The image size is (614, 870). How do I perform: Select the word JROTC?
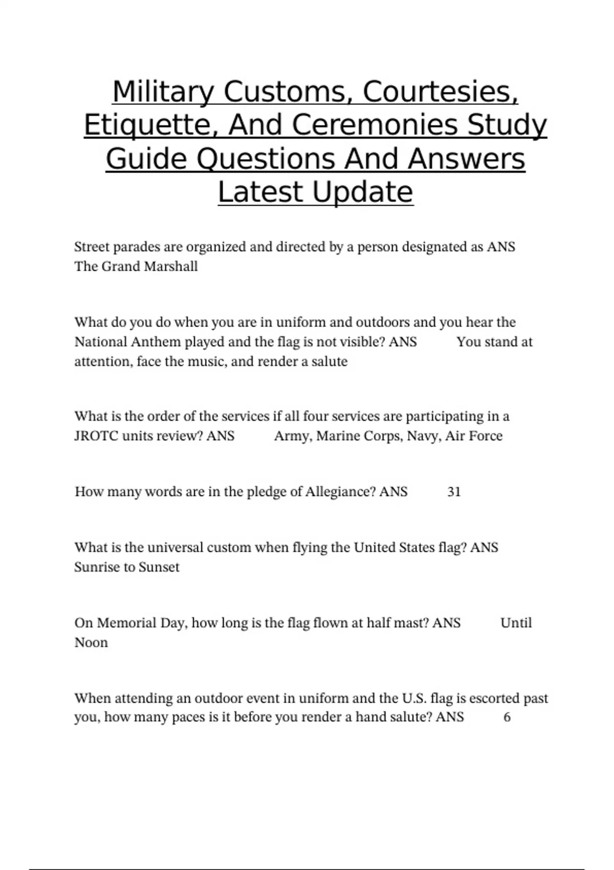[96, 436]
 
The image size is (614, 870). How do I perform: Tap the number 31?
[454, 492]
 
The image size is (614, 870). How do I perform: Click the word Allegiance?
[340, 492]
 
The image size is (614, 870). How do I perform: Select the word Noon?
[91, 642]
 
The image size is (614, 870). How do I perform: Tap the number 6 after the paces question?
[507, 717]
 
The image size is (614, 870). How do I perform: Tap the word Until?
[516, 623]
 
